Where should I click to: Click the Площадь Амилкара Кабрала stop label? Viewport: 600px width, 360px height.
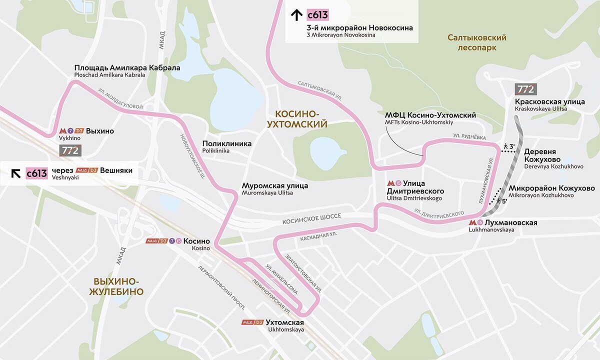click(127, 68)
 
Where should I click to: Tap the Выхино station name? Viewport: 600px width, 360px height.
click(100, 131)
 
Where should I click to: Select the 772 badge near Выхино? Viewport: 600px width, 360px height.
click(70, 150)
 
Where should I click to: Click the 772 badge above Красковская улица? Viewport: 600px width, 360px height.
click(525, 89)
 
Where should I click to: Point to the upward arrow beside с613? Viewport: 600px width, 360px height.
click(296, 15)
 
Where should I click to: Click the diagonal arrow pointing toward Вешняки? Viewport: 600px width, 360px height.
click(16, 173)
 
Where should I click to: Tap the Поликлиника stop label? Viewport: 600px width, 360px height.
click(226, 143)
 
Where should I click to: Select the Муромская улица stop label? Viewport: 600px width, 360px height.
click(274, 185)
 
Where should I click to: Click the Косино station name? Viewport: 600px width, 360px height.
click(196, 241)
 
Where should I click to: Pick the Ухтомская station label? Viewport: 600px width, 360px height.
click(284, 322)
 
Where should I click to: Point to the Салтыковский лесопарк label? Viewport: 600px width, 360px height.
click(477, 42)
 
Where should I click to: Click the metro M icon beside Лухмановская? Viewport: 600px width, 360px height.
click(473, 223)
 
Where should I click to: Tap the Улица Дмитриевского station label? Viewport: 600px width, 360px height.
click(415, 187)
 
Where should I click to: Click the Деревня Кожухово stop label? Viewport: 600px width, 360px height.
click(547, 155)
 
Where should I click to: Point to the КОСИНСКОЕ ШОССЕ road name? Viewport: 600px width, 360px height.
click(311, 216)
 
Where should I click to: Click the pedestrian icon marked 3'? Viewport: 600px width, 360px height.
click(506, 146)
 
